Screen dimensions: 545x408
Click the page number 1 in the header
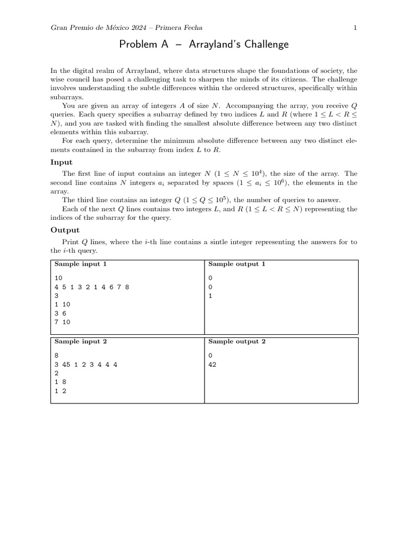pos(355,28)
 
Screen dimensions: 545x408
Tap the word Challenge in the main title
pos(265,45)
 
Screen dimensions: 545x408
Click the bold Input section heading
pos(61,162)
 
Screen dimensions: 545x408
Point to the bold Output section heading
pos(65,230)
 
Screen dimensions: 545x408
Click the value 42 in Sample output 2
pos(212,365)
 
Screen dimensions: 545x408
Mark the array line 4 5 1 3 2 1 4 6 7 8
pos(91,287)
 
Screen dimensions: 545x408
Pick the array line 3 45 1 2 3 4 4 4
pos(86,365)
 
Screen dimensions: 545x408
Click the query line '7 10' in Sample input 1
pos(62,322)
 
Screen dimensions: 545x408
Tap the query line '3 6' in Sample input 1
pos(59,313)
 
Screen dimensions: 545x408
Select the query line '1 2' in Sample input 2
pos(59,391)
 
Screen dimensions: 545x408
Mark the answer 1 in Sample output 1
pos(210,296)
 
